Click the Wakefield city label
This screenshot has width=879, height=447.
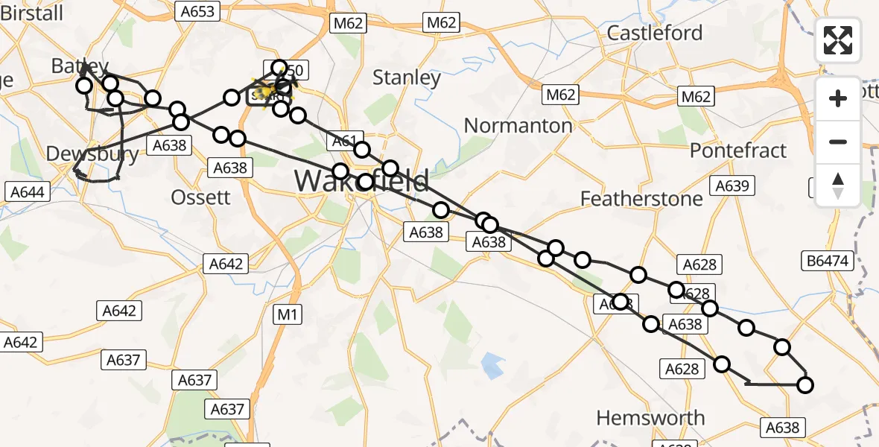[361, 181]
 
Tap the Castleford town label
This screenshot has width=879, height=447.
[654, 33]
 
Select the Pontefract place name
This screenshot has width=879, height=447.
[737, 150]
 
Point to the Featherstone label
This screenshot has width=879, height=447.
[641, 198]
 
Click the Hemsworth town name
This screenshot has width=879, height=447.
[651, 417]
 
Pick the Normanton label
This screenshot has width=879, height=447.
[518, 125]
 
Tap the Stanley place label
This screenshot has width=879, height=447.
[406, 77]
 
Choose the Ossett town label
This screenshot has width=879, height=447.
[200, 197]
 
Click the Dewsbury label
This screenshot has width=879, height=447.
[92, 154]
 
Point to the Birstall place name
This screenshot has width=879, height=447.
[31, 13]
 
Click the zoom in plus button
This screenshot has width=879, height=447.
[838, 98]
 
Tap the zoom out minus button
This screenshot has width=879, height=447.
[838, 142]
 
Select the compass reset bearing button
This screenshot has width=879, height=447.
[838, 185]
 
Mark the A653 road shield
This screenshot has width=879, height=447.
[197, 11]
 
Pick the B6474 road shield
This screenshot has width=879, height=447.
[828, 261]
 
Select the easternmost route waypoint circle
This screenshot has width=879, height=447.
[805, 385]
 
